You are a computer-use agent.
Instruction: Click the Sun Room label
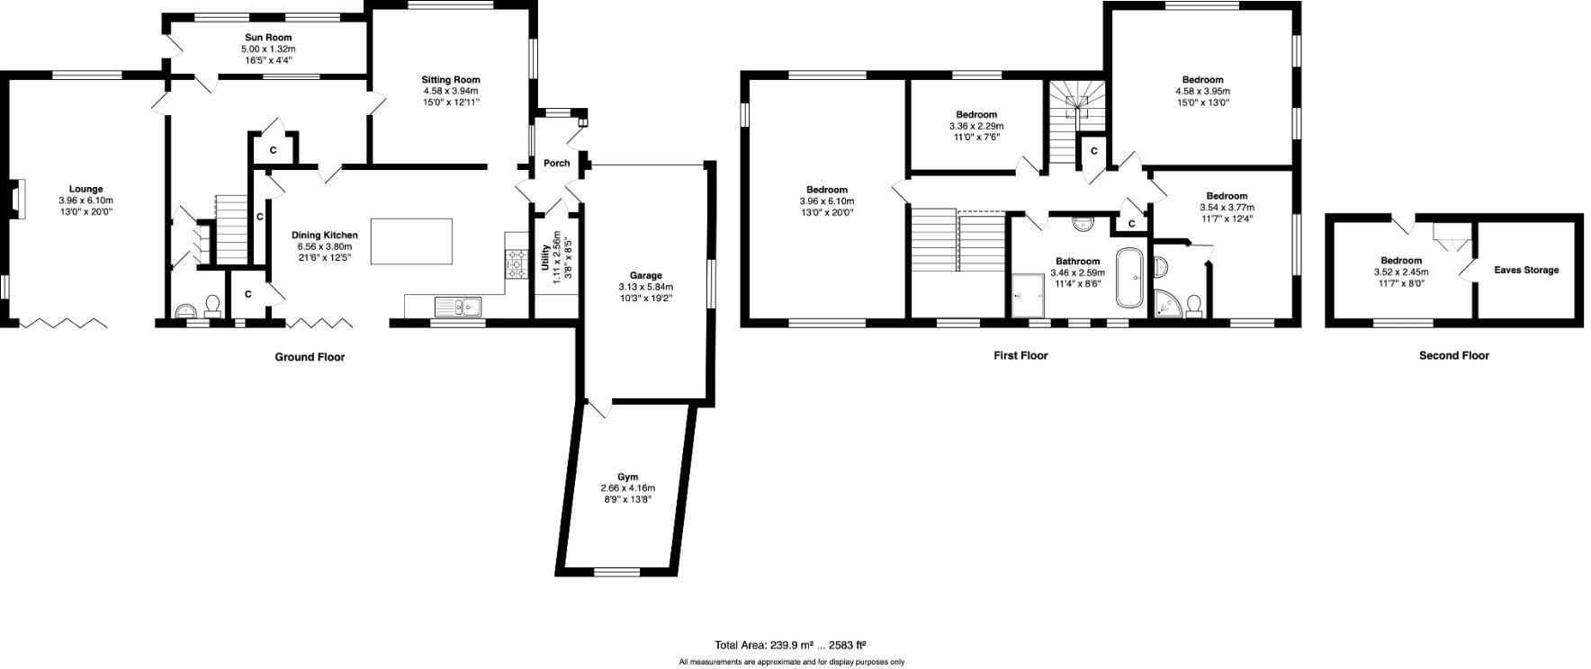coord(267,38)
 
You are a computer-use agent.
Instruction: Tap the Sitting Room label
coord(451,80)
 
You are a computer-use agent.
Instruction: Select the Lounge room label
coord(86,190)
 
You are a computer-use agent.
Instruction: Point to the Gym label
coord(627,477)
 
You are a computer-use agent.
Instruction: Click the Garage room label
coord(645,276)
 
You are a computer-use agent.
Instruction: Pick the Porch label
coord(557,164)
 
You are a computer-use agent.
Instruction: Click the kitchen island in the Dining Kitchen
coord(412,241)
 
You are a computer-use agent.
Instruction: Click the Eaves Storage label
coord(1526,270)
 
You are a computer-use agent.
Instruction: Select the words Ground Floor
coord(310,357)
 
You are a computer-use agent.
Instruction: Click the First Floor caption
coord(1020,355)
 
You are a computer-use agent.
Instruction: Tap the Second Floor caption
coord(1453,355)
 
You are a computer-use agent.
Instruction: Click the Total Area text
coord(790,645)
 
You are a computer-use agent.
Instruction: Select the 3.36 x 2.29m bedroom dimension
coord(976,127)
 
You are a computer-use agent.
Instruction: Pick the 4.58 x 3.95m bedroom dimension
coord(1202,91)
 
